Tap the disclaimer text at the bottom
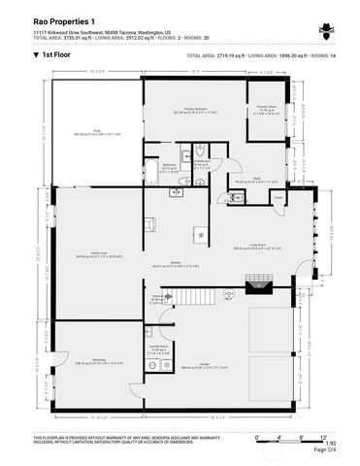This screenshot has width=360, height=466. coord(116,443)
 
